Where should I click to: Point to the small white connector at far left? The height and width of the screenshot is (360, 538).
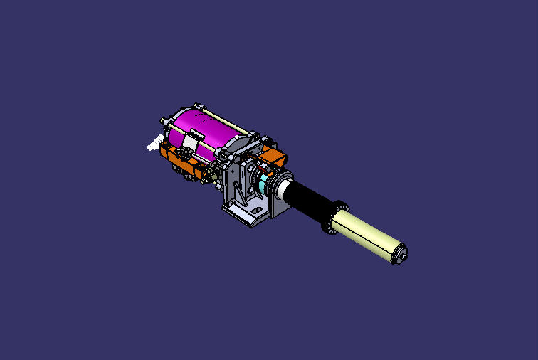(152, 146)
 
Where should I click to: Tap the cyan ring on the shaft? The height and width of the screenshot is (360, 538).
(265, 186)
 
